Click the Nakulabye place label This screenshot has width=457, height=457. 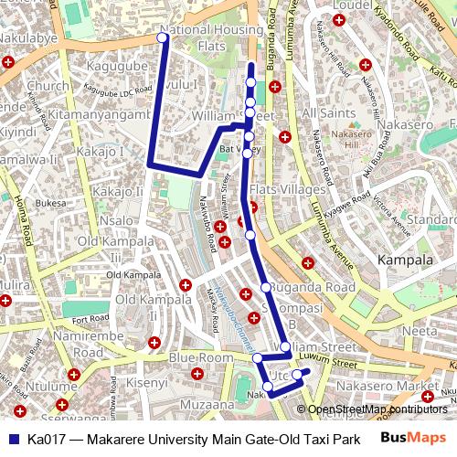tap(27, 38)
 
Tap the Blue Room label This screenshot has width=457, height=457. tap(201, 357)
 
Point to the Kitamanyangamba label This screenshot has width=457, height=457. tap(98, 114)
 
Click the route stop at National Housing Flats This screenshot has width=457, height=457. tap(162, 37)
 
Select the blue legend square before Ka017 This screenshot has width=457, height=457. tap(12, 439)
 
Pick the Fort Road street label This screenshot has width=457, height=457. tap(91, 319)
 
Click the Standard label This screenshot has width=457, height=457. tap(430, 220)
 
